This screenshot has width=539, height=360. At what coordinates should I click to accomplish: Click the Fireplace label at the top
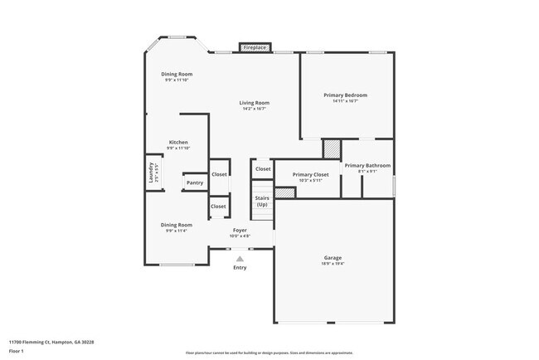(x=255, y=48)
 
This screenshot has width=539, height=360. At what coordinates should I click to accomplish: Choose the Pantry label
(x=195, y=182)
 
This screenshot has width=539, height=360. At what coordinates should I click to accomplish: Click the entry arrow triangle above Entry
(x=240, y=259)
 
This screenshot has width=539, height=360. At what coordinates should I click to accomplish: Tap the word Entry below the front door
(x=240, y=267)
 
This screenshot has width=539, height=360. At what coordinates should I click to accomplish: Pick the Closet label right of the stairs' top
(x=263, y=168)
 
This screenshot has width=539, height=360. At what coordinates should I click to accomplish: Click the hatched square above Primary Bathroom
(x=332, y=148)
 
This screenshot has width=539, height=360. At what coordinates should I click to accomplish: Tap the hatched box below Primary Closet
(x=284, y=192)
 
